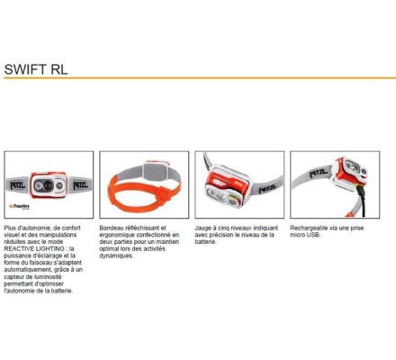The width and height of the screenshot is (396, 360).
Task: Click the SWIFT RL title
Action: [x=36, y=69]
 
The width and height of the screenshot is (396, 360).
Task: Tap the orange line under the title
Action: [x=200, y=78]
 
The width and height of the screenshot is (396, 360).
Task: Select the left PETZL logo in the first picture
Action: [x=18, y=185]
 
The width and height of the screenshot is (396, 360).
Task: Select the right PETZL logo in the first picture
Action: [x=80, y=184]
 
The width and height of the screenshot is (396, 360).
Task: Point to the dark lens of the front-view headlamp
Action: [x=48, y=185]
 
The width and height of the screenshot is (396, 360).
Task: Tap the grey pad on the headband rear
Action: [x=155, y=172]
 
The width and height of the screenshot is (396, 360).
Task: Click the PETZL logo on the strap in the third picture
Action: [x=268, y=189]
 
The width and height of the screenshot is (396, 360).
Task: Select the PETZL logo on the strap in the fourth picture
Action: [x=319, y=173]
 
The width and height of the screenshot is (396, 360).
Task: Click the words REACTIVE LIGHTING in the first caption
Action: [x=34, y=248]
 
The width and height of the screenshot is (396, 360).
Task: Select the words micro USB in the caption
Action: [x=305, y=235]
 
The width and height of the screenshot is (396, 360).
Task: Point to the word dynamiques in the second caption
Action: [x=116, y=256]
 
